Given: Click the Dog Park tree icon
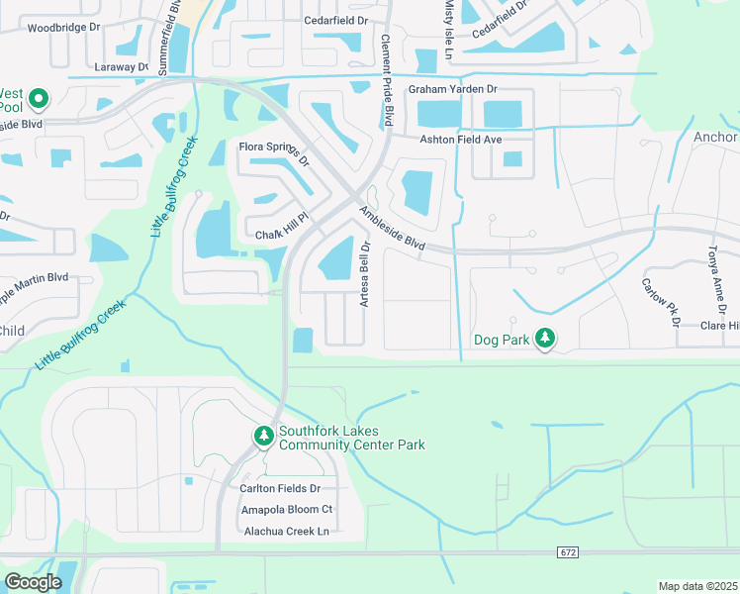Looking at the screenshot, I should [x=544, y=339].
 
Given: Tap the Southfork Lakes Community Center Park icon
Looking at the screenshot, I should [x=263, y=436].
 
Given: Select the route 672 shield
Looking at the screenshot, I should [x=566, y=551].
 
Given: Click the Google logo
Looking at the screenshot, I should [x=33, y=582].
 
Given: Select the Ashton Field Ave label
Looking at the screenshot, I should [x=462, y=140].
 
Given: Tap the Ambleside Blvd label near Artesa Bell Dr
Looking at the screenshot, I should [x=392, y=228].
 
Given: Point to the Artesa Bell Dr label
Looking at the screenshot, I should [x=364, y=274].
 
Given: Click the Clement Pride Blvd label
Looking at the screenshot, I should [x=387, y=89].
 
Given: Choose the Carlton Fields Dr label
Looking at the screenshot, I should [x=280, y=488].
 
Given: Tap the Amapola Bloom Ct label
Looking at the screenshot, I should [x=287, y=509].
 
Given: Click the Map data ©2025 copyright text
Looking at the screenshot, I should [x=698, y=586].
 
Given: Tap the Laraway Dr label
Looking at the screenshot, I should [x=122, y=67].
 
